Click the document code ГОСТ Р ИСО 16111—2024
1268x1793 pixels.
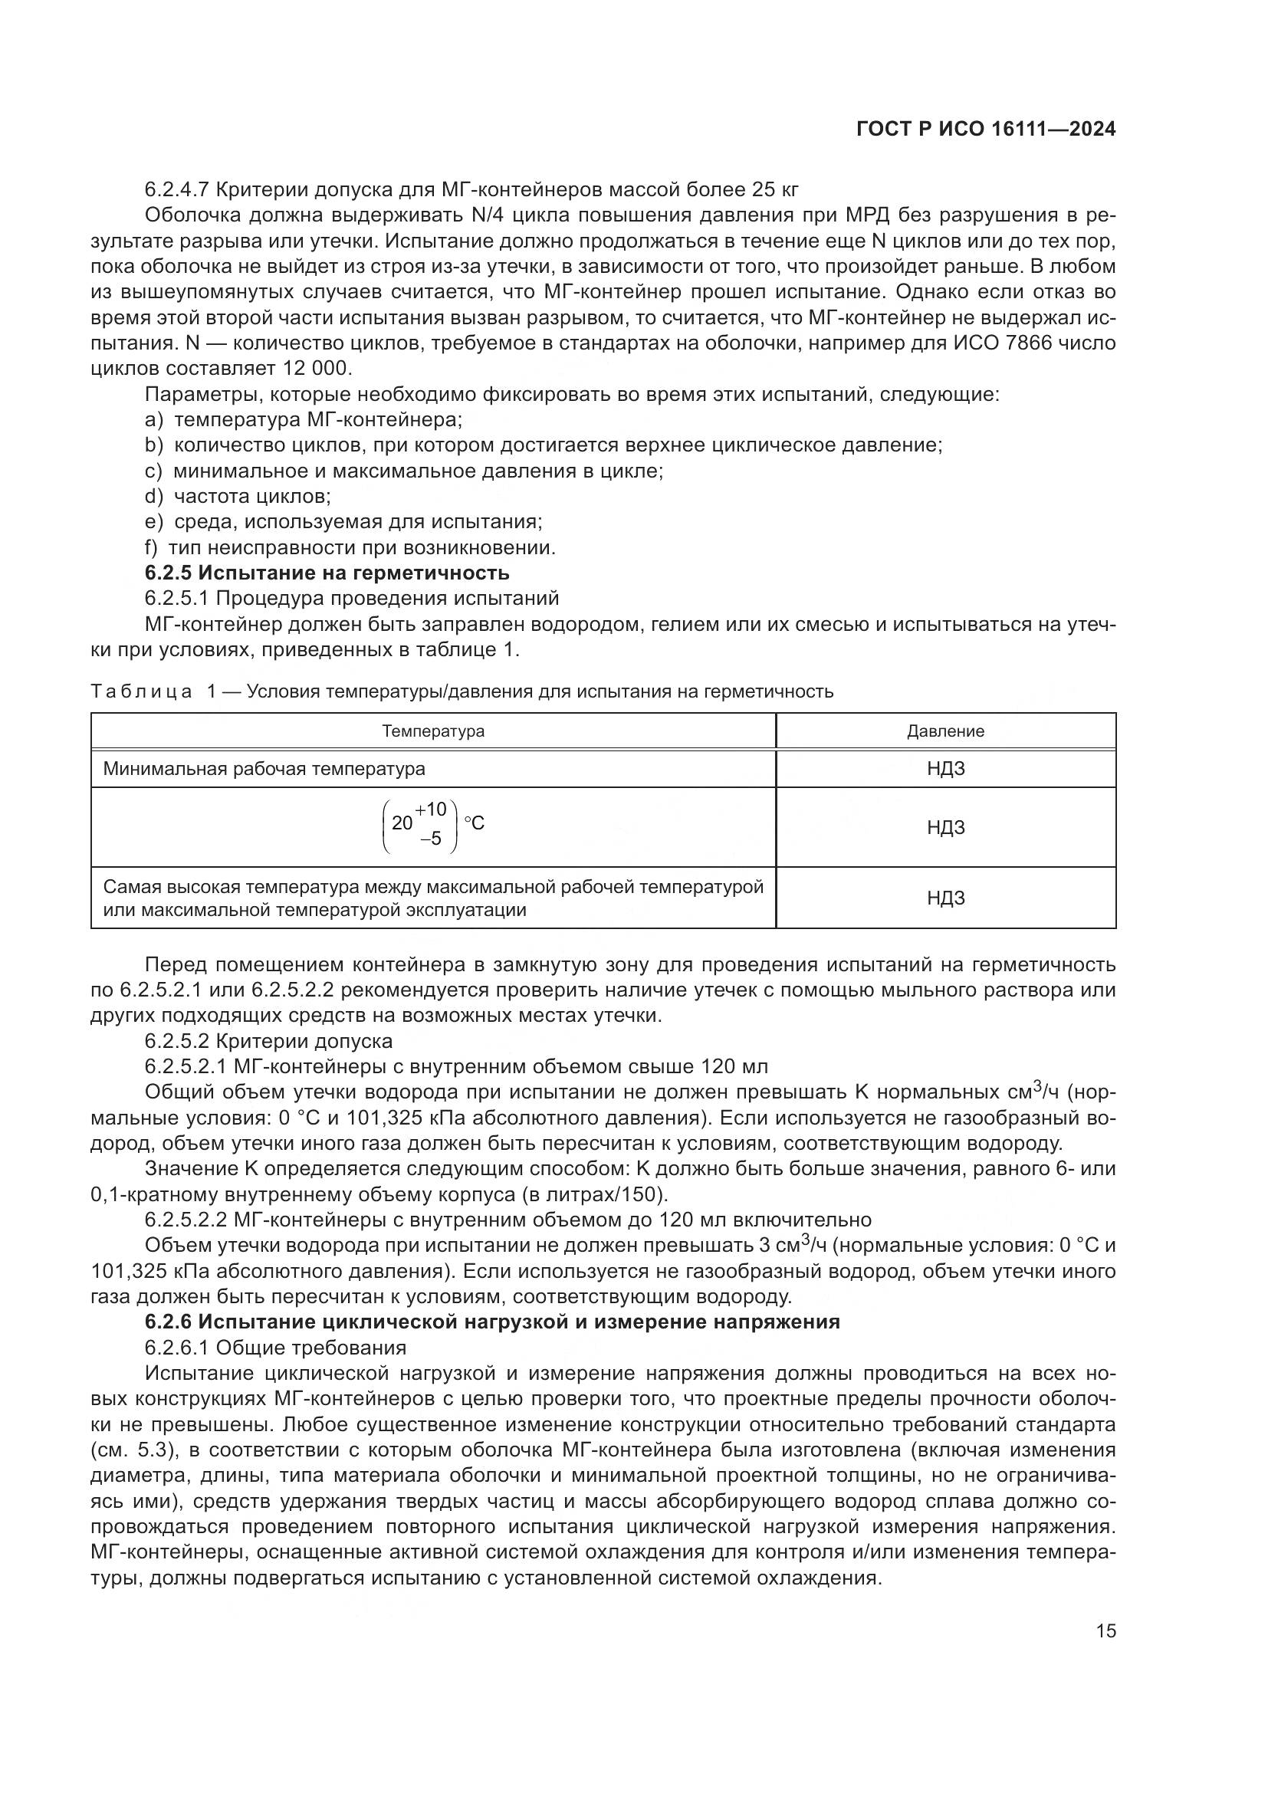point(985,130)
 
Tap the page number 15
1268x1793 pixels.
point(1105,1630)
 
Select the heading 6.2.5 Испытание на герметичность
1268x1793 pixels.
point(327,573)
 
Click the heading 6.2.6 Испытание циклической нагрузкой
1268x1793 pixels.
point(492,1322)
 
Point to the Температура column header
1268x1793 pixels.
point(432,731)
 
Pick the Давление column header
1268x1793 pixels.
point(944,731)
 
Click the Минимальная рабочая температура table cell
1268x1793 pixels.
point(264,768)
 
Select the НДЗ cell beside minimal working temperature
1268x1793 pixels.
point(944,768)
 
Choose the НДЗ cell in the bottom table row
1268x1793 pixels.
point(944,898)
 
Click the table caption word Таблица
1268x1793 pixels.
point(140,691)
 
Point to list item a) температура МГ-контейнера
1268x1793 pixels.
point(304,419)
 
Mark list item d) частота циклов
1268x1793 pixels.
point(238,496)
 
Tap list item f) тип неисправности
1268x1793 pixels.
point(350,547)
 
